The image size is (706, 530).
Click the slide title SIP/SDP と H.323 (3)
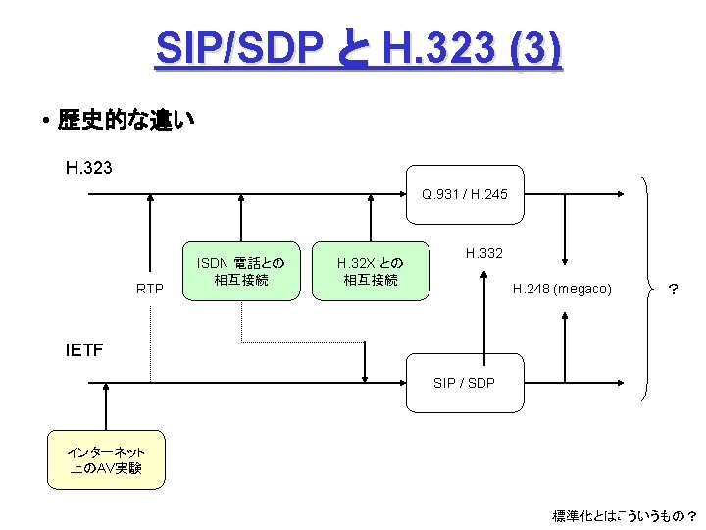[358, 48]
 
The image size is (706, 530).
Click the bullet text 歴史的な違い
[126, 121]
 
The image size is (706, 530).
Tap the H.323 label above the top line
[88, 167]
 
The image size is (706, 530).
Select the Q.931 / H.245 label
[465, 194]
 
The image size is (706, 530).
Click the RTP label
[150, 289]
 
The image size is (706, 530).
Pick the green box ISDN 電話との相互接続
[240, 271]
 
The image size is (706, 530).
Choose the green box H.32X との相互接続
[370, 271]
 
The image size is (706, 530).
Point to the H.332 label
[484, 253]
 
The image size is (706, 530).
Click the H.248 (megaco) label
[562, 289]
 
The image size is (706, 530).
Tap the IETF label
[84, 348]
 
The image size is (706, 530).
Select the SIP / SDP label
[464, 382]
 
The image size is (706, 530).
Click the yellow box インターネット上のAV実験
[106, 459]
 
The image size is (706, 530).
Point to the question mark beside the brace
[673, 289]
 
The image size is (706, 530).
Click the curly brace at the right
[648, 289]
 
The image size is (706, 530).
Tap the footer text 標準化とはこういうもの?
[625, 515]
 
